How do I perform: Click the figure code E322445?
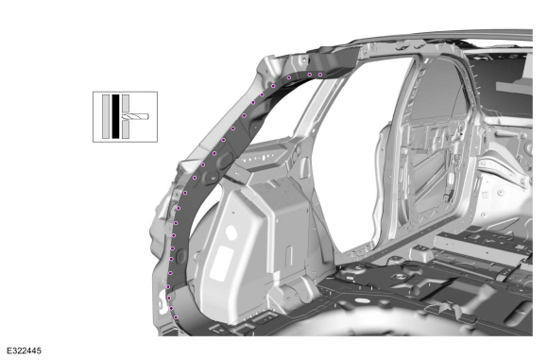(x=25, y=351)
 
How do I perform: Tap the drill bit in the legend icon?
(x=135, y=116)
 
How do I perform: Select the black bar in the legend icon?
(x=115, y=116)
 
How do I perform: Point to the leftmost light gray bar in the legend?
(x=106, y=116)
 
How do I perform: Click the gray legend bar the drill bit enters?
(x=126, y=116)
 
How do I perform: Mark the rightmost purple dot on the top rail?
(x=320, y=75)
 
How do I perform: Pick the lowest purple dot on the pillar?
(x=176, y=317)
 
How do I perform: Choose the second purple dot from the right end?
(x=309, y=74)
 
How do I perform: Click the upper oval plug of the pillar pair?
(x=227, y=158)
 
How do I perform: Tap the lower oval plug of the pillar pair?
(x=211, y=178)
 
